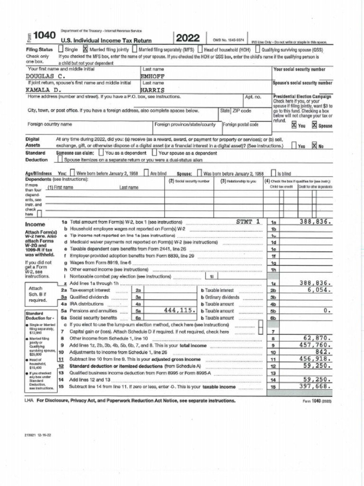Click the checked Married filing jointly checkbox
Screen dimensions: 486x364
point(86,49)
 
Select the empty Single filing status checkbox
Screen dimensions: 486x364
point(61,49)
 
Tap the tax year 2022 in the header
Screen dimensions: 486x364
point(188,38)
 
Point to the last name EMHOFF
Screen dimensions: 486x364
point(152,75)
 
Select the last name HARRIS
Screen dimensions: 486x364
point(153,89)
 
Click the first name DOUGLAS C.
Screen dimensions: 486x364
point(45,75)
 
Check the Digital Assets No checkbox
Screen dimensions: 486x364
point(314,146)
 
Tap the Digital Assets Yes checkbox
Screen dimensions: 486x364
point(294,146)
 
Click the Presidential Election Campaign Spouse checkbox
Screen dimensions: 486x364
point(314,125)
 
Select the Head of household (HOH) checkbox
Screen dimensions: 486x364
point(200,49)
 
